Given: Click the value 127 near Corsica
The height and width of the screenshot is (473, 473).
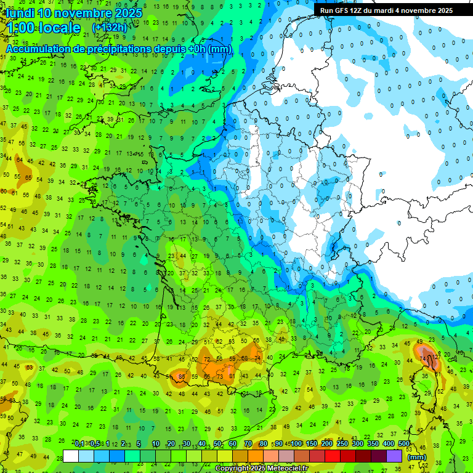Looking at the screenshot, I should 436,356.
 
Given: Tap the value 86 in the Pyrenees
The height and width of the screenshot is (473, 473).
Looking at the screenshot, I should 180,376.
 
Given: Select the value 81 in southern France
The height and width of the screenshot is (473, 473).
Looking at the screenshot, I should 231,376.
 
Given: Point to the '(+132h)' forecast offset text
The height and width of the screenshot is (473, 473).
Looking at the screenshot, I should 109,28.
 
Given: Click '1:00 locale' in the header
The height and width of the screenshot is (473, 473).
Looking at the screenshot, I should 43,28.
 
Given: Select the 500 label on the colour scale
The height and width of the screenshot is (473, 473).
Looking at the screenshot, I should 404,444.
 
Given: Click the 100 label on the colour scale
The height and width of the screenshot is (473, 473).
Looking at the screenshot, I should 296,444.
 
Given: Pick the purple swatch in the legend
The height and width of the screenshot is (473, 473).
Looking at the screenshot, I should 394,456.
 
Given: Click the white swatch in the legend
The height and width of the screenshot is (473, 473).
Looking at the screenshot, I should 71,456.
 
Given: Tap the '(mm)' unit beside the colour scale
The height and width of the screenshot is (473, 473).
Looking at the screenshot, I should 417,457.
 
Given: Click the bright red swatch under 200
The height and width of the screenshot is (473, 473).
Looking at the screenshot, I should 333,456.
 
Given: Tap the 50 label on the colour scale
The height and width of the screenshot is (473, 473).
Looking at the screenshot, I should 217,444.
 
